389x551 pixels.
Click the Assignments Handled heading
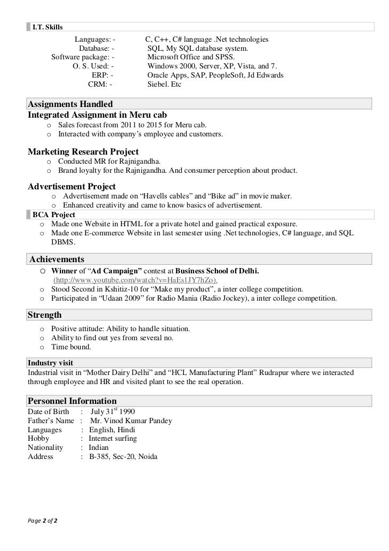(x=70, y=104)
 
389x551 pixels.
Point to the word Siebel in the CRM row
(x=158, y=85)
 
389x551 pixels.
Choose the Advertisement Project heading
(x=72, y=187)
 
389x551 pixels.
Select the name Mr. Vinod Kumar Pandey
(x=131, y=421)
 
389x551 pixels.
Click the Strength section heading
(x=44, y=315)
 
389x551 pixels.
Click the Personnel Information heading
(x=72, y=401)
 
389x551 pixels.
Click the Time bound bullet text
(x=71, y=347)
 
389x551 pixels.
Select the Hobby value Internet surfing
(x=113, y=439)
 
